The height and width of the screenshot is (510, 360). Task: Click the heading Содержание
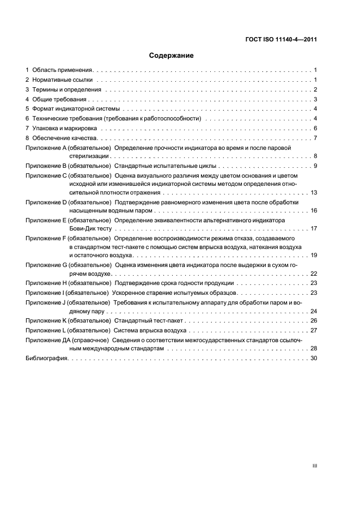tap(172, 56)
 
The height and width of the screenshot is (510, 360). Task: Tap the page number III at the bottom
tap(314, 466)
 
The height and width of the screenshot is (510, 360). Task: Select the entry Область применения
tap(63, 70)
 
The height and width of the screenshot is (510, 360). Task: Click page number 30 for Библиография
tap(314, 358)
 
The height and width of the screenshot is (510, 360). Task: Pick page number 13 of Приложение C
tap(314, 193)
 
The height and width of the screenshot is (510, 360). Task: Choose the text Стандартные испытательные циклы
tap(166, 166)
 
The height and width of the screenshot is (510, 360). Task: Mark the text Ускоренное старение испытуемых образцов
tap(175, 293)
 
